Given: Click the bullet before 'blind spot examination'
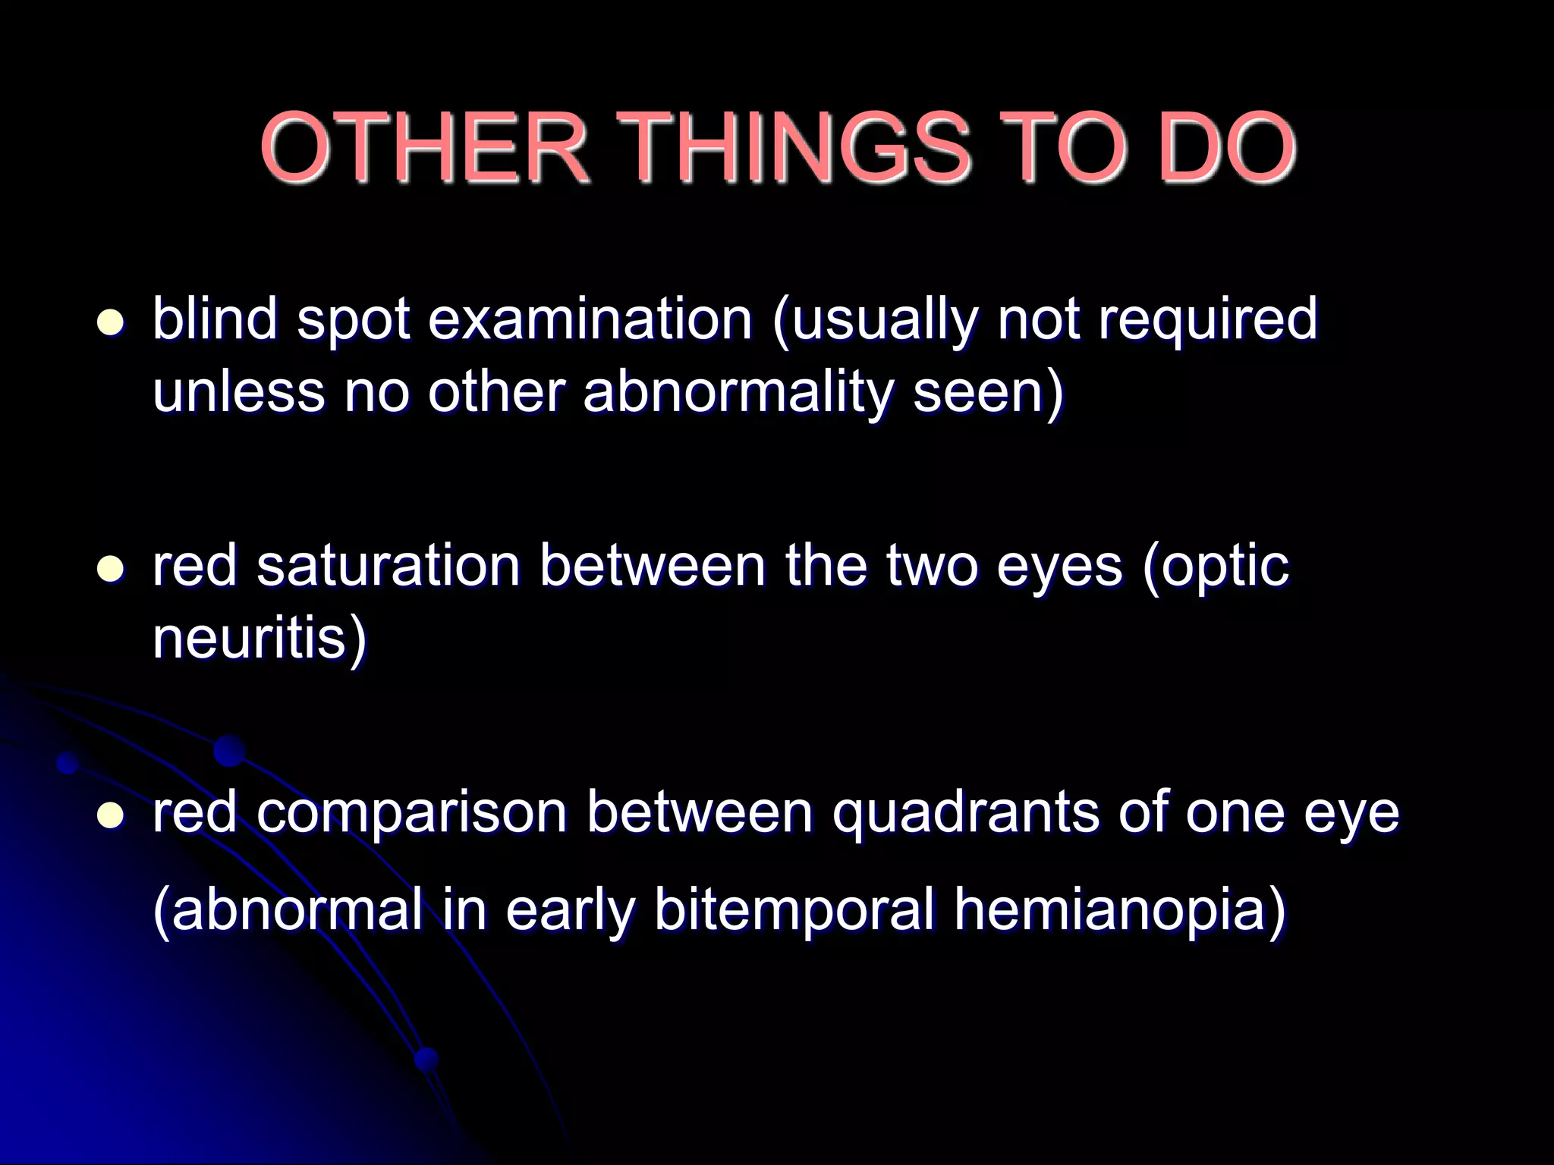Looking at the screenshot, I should (111, 322).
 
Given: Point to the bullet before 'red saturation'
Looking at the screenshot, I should (111, 569).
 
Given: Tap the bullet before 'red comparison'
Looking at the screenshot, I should (111, 815).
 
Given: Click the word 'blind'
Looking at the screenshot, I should (215, 319).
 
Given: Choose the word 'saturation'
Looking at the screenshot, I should (388, 566).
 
